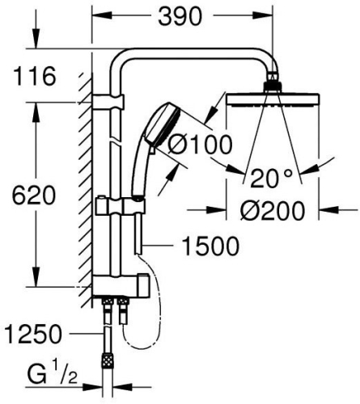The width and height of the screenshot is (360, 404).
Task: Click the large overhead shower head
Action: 275,101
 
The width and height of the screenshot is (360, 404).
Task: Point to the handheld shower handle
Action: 144,174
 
